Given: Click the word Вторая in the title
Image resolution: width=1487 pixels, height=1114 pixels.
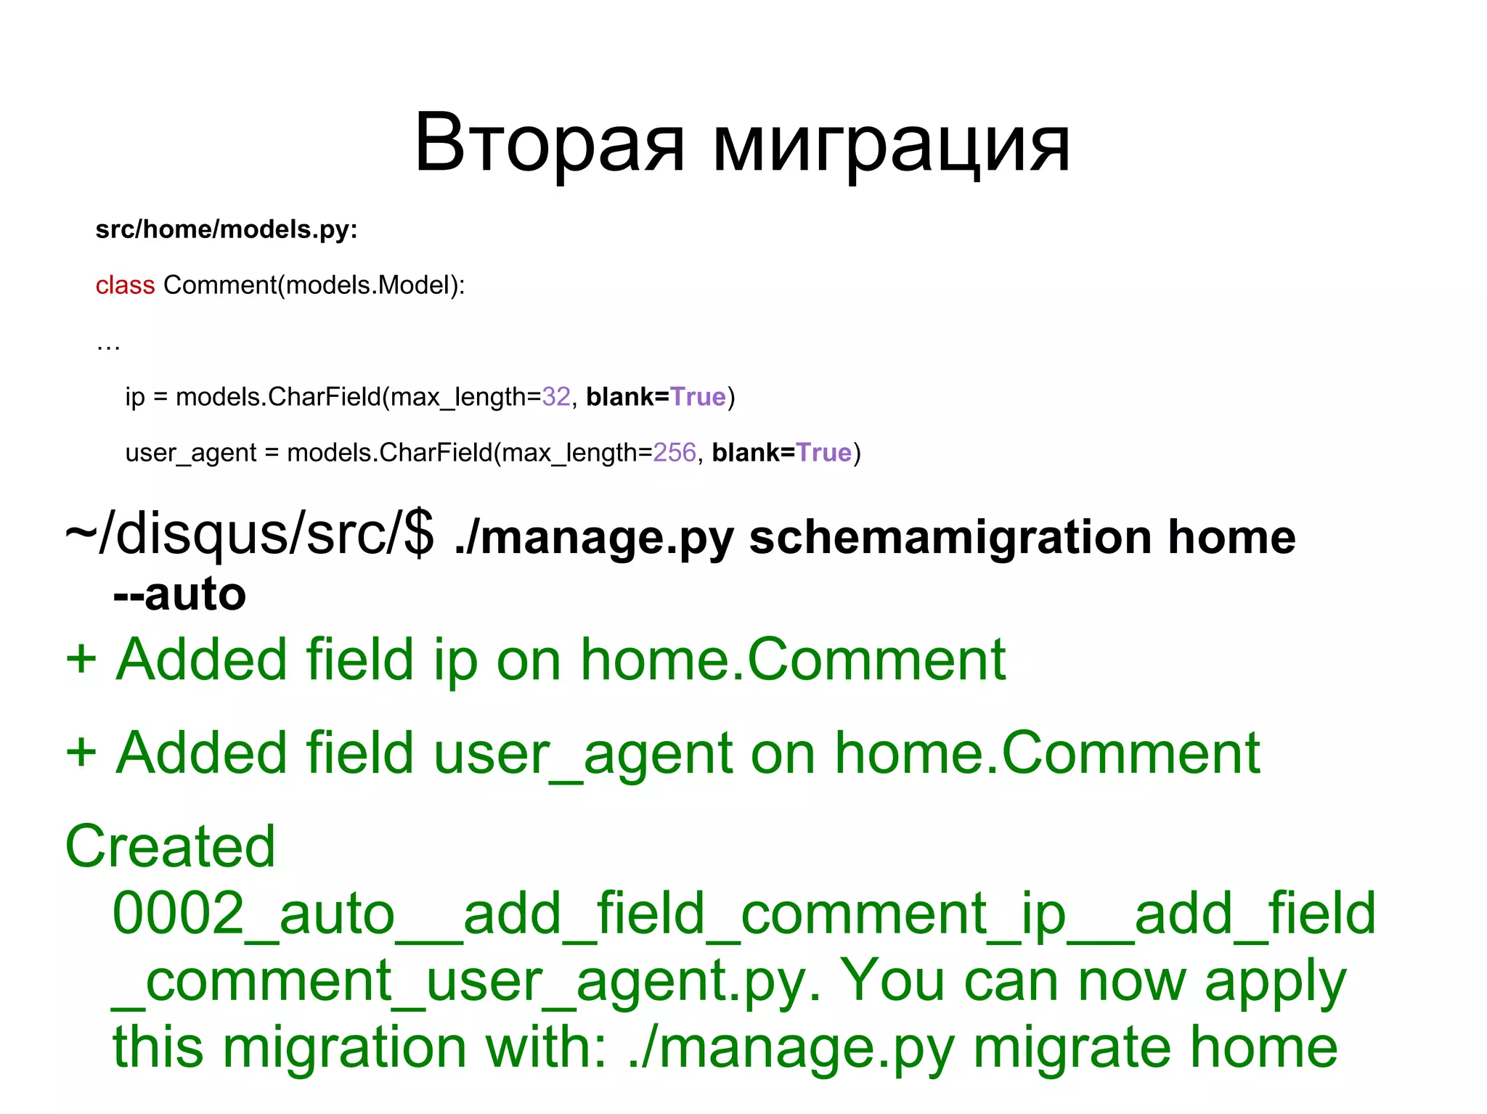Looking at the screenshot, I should pos(549,144).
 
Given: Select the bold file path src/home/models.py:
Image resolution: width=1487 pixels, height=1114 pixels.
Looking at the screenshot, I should pos(227,229).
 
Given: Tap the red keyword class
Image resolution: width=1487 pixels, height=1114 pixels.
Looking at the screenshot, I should pos(125,285).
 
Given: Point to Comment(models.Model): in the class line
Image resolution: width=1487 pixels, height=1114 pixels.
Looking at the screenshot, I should pos(314,285).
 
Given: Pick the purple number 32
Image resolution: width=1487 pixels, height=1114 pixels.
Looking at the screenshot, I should pos(556,397).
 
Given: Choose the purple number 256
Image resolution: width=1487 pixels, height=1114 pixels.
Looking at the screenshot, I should pos(675,453).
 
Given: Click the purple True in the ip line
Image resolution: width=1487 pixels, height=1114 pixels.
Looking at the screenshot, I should pos(698,397).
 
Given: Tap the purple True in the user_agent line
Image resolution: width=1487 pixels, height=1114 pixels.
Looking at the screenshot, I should pos(823,453).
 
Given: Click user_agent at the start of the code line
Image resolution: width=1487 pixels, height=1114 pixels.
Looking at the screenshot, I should pos(190,454).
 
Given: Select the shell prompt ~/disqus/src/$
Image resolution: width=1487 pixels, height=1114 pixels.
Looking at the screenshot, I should pos(249,535).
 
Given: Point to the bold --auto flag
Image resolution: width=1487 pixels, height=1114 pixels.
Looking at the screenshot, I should pos(179,594).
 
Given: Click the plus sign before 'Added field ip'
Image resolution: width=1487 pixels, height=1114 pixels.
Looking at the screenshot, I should pos(81,660).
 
